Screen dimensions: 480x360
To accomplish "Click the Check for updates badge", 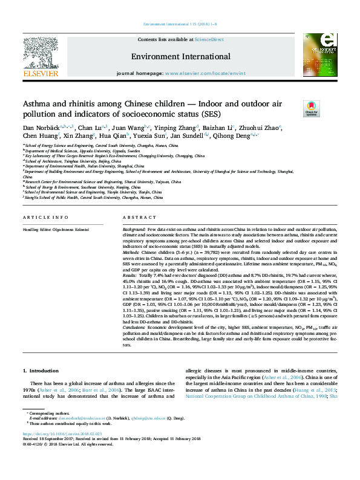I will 328,109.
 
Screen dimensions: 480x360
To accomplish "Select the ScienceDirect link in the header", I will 210,39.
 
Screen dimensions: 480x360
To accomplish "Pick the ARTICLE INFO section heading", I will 41,217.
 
